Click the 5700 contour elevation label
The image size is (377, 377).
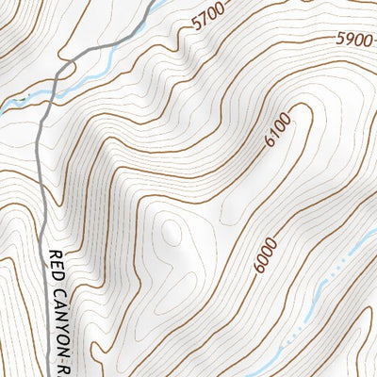pos(208,18)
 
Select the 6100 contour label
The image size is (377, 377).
pos(278,128)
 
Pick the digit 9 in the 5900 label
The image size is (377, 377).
pos(349,40)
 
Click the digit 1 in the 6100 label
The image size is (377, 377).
pos(275,133)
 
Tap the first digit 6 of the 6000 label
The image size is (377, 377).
pos(260,268)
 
